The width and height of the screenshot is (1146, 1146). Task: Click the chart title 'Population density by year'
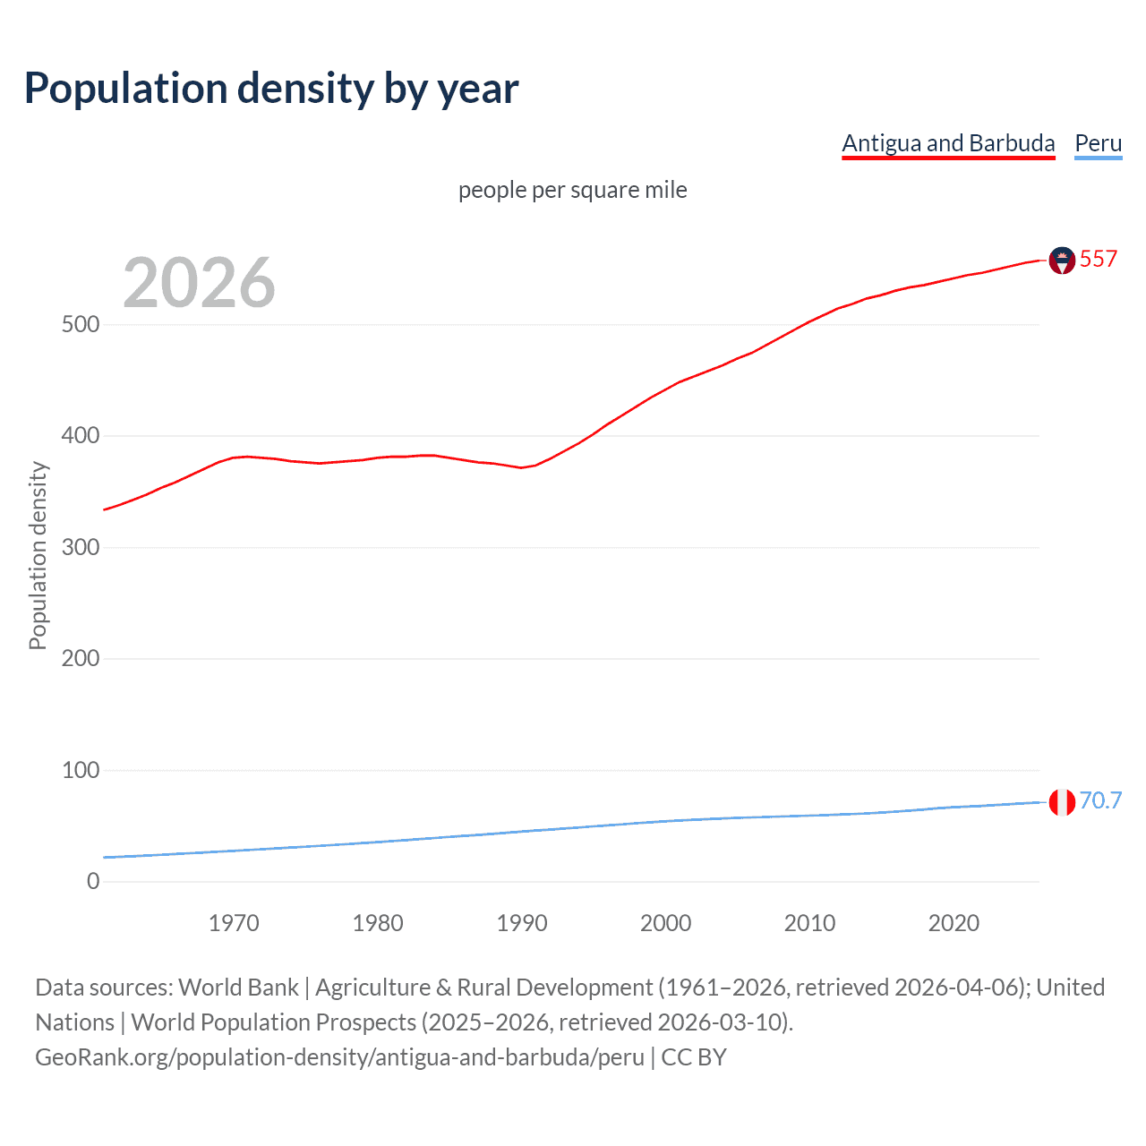click(x=271, y=89)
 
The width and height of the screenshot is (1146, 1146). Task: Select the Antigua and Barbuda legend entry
click(x=948, y=143)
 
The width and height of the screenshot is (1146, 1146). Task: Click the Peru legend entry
click(x=1098, y=143)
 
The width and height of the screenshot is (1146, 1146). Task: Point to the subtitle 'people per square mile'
click(x=572, y=190)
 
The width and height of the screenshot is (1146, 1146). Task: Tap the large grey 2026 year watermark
click(x=199, y=283)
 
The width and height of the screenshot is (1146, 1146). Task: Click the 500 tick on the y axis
click(x=81, y=324)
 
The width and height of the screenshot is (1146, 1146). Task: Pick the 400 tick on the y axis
click(x=81, y=436)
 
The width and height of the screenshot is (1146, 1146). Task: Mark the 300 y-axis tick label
click(x=81, y=547)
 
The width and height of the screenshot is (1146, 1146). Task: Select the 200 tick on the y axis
click(x=81, y=658)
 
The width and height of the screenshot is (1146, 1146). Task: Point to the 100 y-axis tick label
click(x=81, y=770)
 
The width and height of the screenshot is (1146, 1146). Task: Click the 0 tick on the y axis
click(x=93, y=881)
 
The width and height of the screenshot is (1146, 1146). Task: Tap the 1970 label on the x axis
click(x=234, y=923)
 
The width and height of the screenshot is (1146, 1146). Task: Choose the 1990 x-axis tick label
click(x=522, y=923)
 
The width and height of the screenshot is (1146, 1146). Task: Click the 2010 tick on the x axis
click(x=809, y=923)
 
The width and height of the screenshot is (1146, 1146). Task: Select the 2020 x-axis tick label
click(x=954, y=923)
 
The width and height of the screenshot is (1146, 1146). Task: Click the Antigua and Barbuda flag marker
click(x=1061, y=261)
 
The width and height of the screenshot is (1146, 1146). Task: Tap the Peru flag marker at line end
click(x=1061, y=802)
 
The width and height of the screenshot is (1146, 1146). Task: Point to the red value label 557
click(x=1099, y=260)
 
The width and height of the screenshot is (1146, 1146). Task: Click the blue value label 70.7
click(x=1100, y=800)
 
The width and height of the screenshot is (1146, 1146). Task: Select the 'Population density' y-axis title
click(x=38, y=555)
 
